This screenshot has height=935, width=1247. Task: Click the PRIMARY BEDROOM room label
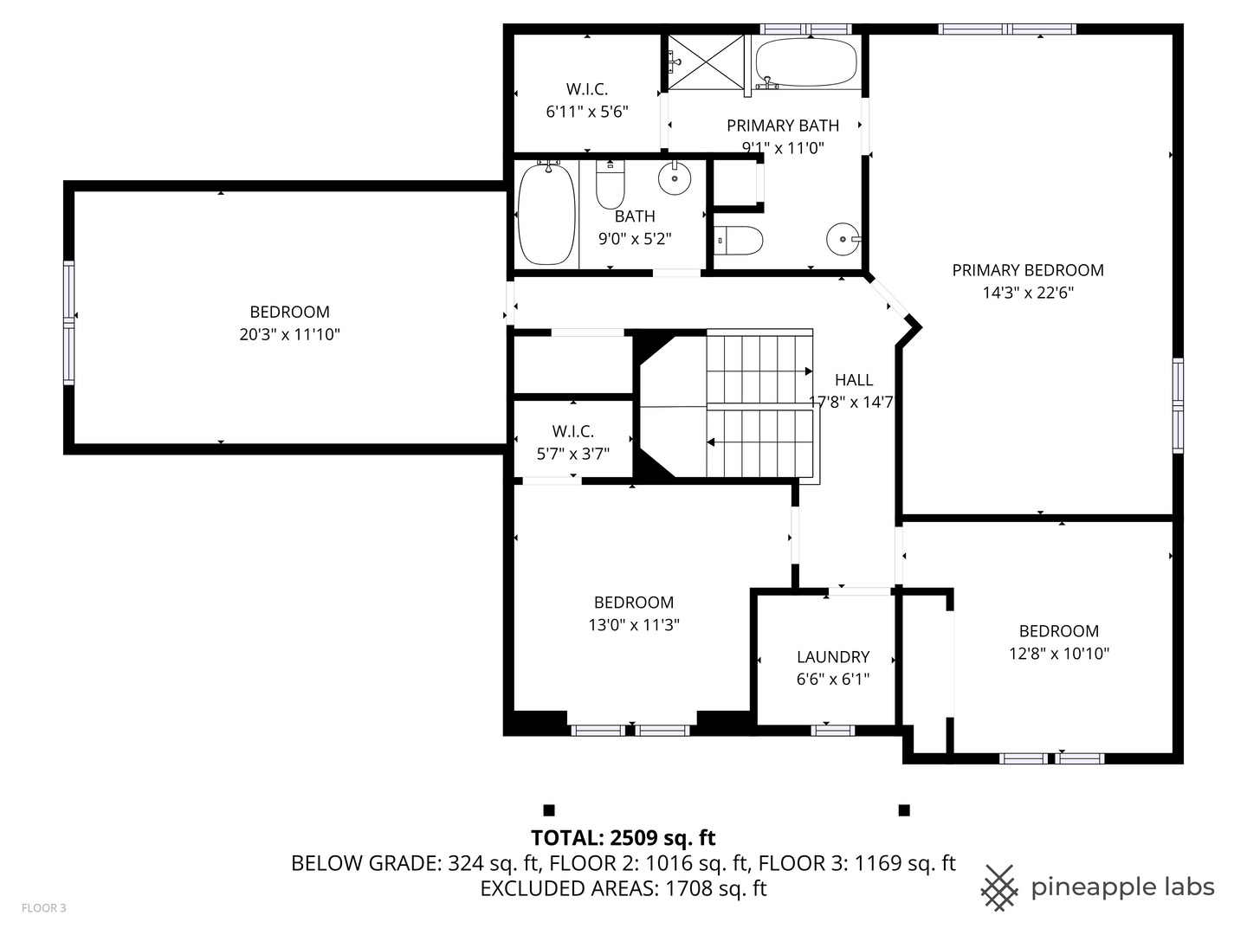click(1028, 270)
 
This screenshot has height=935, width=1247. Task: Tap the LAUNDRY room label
click(833, 657)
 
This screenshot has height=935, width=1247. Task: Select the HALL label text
click(854, 380)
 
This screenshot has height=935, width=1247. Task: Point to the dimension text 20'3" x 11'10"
click(290, 334)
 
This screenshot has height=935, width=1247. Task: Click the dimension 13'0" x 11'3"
click(634, 624)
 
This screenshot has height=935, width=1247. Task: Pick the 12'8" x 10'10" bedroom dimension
click(1059, 654)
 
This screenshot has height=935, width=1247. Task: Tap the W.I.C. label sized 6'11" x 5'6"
click(587, 89)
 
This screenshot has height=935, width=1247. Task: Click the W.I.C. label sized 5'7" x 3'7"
click(572, 431)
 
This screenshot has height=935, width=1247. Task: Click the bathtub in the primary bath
click(806, 61)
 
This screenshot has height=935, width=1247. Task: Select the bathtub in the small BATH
click(546, 214)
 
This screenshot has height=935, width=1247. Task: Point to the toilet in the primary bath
click(738, 241)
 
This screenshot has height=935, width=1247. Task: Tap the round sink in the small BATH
click(675, 178)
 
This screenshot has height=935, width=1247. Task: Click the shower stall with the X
click(706, 61)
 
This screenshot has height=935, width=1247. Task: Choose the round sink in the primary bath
click(843, 239)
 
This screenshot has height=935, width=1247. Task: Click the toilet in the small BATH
click(611, 184)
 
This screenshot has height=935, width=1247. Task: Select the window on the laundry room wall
click(832, 730)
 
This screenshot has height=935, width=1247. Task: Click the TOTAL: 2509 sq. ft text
click(623, 838)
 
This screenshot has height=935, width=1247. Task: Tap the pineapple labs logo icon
click(999, 888)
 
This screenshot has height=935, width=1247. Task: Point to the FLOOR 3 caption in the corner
click(44, 908)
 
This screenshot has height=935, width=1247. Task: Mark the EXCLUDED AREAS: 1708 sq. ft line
click(623, 888)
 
